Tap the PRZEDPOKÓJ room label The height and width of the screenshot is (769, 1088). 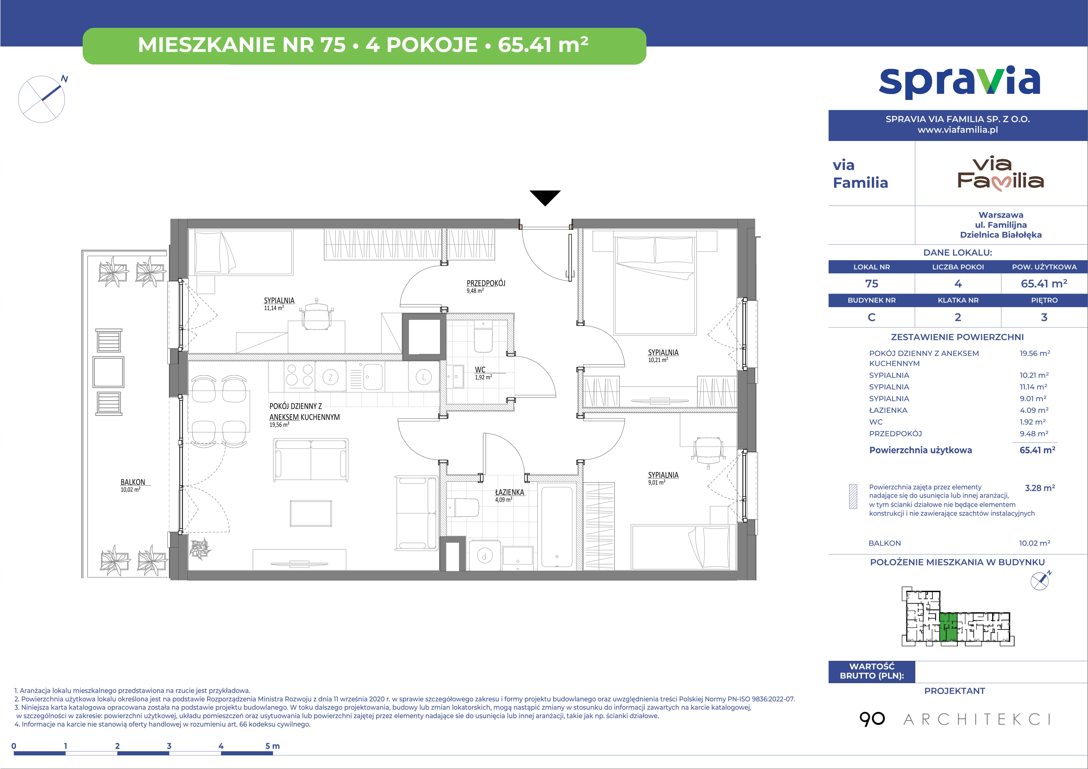click(x=486, y=283)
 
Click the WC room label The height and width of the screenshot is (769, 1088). click(x=480, y=369)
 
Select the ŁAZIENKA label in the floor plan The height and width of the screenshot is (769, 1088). click(x=509, y=492)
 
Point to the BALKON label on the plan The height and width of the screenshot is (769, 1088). click(x=133, y=482)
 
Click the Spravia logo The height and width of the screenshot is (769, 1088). click(x=960, y=83)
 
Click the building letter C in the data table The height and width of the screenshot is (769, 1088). click(x=872, y=317)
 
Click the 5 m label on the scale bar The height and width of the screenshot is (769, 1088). click(x=273, y=746)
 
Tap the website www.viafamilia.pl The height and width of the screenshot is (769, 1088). click(x=958, y=130)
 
